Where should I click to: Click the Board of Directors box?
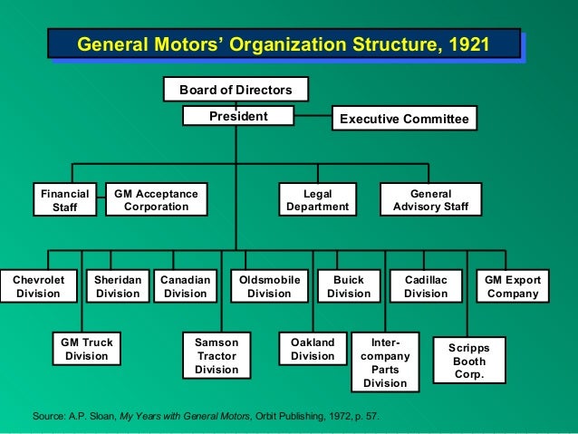(236, 90)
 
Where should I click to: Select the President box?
(238, 117)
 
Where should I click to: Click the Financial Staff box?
(65, 200)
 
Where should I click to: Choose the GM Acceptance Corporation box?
(156, 200)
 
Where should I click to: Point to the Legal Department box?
(317, 200)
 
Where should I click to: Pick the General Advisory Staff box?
(430, 200)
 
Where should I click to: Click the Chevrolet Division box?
(37, 286)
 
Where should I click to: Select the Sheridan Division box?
(118, 286)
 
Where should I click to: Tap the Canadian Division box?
(185, 286)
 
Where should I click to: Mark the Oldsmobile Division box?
(269, 286)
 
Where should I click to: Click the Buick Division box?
(349, 286)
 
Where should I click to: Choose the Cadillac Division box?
(426, 286)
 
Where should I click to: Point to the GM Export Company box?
(513, 286)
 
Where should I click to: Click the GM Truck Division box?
(86, 349)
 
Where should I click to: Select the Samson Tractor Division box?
(217, 355)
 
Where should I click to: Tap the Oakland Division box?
(313, 349)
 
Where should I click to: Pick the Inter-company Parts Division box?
(385, 362)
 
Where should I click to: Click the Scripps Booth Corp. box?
(469, 361)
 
